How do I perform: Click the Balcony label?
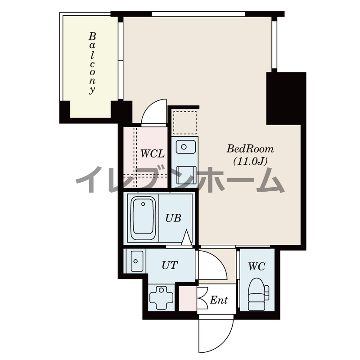[92, 63]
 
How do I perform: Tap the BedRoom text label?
[250, 149]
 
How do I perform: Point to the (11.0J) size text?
[250, 162]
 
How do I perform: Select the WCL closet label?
[152, 153]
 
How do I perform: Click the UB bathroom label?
[173, 218]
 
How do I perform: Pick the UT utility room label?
[170, 265]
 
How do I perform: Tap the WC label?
[256, 266]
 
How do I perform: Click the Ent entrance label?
[219, 300]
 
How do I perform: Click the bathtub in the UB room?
[143, 216]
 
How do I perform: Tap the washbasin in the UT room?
[137, 261]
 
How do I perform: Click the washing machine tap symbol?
[162, 297]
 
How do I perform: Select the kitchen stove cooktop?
[186, 175]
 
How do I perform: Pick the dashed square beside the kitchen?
[185, 122]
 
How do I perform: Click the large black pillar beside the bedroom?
[286, 99]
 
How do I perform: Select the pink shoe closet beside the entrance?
[188, 298]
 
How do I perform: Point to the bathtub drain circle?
[143, 204]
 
